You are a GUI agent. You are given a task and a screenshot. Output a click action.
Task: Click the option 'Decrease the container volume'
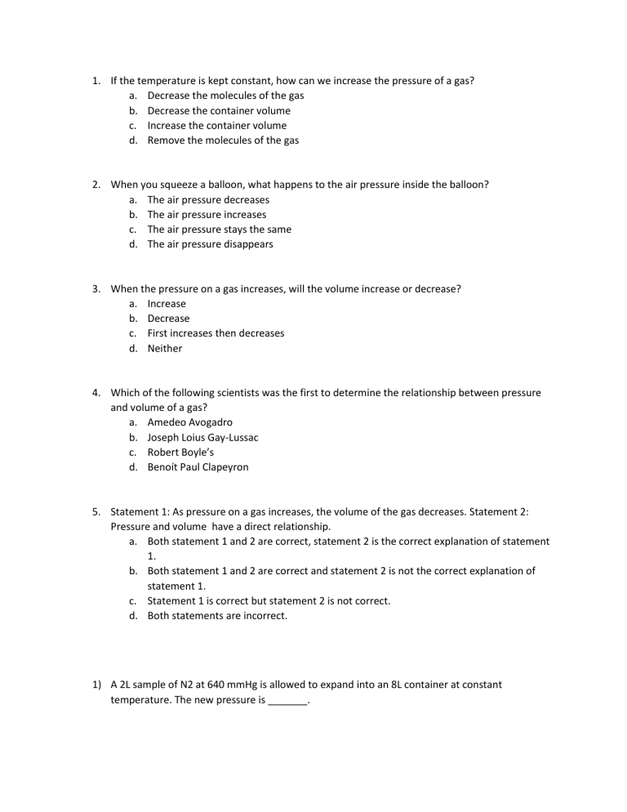(219, 110)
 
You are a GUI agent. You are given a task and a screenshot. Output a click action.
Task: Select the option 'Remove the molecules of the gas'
(223, 141)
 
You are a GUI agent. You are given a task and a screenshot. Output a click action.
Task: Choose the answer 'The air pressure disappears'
(210, 244)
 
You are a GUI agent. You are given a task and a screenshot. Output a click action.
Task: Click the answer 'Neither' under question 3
(165, 349)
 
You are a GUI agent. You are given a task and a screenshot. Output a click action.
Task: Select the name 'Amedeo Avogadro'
(189, 422)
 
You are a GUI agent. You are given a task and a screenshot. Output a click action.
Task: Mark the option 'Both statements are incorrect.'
(217, 616)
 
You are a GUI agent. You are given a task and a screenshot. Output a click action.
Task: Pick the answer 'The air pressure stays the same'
(219, 230)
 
